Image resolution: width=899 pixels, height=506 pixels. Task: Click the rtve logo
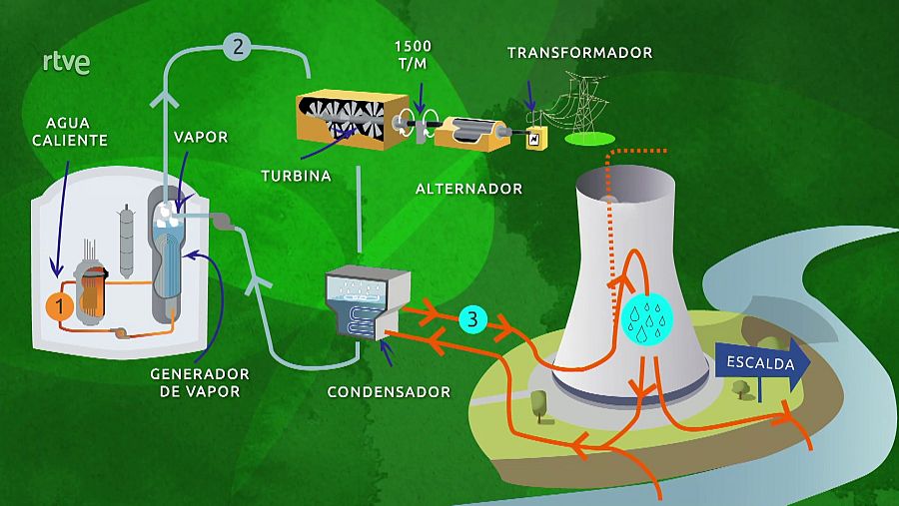[67, 63]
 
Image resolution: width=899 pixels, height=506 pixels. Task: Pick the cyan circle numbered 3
[473, 319]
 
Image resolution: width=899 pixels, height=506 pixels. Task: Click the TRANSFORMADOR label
[579, 52]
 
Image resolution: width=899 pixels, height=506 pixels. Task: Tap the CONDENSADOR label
[389, 391]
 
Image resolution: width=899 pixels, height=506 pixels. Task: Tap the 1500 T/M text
[413, 54]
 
